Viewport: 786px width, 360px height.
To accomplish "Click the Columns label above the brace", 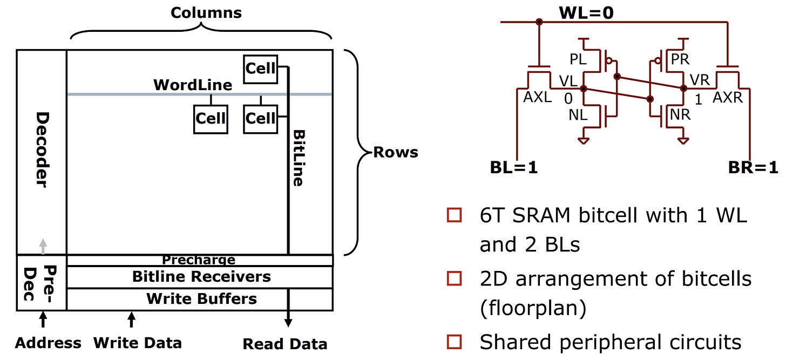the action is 206,13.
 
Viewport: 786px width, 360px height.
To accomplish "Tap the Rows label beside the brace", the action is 396,152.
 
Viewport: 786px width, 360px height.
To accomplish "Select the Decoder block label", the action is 43,150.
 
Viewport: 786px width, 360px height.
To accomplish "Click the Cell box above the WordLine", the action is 261,69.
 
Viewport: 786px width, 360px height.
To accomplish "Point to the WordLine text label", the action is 193,85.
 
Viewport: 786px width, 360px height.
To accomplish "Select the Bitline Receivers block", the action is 200,277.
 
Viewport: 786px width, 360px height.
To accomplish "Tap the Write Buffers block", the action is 200,300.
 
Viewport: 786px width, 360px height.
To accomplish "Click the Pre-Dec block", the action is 42,283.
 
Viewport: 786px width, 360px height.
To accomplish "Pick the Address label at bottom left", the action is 48,343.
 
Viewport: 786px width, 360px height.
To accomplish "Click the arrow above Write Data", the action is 132,320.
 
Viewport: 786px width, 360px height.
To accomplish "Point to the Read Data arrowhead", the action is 288,323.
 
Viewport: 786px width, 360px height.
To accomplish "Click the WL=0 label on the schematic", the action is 586,13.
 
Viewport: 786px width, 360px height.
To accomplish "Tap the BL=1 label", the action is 514,167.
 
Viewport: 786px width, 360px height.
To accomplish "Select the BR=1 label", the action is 753,167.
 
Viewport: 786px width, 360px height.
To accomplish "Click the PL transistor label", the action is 578,59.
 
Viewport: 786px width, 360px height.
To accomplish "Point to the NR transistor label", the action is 680,115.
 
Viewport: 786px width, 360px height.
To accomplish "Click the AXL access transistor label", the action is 537,97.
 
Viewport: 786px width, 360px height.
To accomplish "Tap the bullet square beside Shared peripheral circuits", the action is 455,342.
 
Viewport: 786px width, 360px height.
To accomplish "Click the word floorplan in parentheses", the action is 533,308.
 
